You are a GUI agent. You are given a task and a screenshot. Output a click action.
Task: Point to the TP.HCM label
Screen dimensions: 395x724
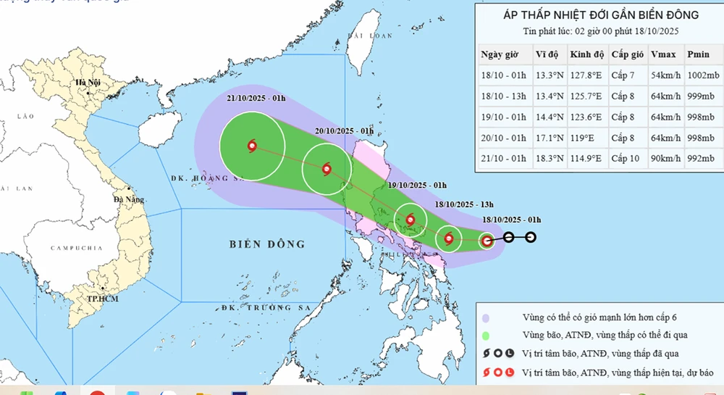[x=102, y=298]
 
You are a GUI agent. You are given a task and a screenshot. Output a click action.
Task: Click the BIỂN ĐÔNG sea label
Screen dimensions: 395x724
[x=267, y=244]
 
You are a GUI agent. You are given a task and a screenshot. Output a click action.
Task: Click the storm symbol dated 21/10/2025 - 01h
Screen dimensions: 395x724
[x=252, y=146]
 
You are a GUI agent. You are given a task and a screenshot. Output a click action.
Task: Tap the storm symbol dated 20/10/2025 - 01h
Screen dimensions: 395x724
[x=327, y=170]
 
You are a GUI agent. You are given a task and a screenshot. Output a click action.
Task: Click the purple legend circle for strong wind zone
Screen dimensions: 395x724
[x=487, y=317]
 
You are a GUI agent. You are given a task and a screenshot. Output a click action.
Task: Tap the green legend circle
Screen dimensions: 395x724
[x=487, y=335]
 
